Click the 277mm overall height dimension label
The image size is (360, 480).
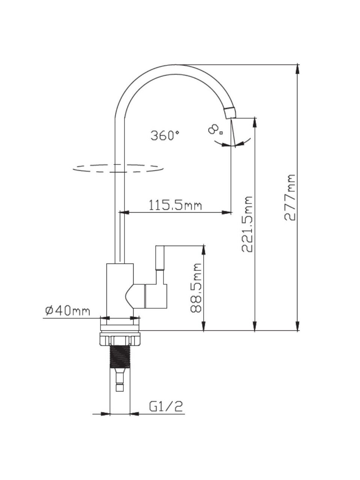[x=290, y=198]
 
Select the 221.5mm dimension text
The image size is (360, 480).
[x=247, y=224]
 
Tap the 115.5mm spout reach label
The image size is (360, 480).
[x=175, y=205]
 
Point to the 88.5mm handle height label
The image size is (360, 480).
[x=196, y=288]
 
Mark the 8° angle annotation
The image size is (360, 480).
[x=216, y=129]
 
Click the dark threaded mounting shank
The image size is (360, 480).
[x=120, y=357]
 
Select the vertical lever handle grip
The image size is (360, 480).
[x=160, y=258]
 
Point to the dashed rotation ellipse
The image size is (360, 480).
[x=118, y=168]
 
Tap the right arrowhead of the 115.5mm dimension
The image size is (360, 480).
[x=226, y=212]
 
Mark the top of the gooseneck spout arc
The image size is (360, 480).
[x=176, y=65]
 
